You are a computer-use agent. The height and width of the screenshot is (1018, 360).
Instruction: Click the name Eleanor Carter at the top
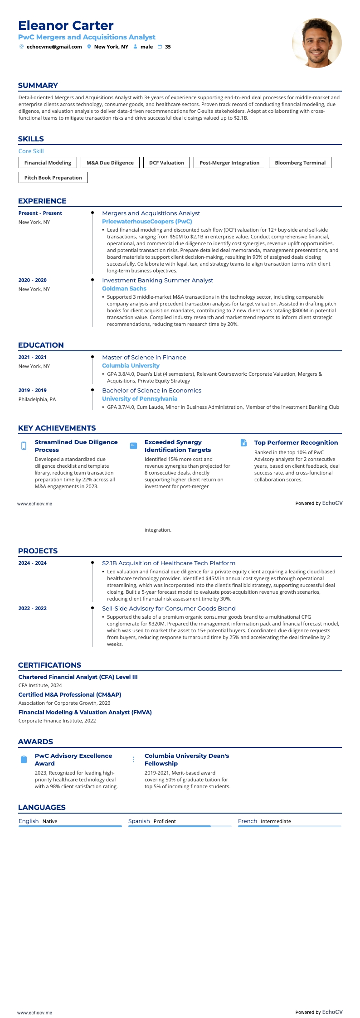66,25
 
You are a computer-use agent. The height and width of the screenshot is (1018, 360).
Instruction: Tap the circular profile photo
316,43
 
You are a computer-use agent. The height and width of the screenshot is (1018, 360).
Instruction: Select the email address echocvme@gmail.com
54,47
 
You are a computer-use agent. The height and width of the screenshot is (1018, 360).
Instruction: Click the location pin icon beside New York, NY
89,47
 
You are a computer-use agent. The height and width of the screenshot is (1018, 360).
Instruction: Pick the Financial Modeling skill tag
48,163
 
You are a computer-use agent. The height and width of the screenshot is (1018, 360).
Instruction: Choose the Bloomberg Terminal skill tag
300,163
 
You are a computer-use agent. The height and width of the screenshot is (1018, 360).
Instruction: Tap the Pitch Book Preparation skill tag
53,178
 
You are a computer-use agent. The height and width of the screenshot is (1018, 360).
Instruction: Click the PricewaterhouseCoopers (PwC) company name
147,222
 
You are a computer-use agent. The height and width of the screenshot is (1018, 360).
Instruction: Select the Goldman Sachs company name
124,289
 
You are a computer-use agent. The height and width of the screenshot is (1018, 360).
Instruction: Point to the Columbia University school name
131,366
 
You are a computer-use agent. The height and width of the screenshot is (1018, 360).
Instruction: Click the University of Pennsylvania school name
140,399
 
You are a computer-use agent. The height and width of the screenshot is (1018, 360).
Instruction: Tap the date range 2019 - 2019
33,390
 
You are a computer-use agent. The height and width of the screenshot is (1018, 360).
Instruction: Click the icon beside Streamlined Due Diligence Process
24,446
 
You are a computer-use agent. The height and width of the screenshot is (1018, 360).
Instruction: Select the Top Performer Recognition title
296,443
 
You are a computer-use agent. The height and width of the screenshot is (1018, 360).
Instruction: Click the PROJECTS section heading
38,551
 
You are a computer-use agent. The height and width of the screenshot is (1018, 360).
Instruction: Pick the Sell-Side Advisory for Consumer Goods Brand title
169,609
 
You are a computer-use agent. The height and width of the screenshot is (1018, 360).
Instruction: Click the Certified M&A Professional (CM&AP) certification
70,695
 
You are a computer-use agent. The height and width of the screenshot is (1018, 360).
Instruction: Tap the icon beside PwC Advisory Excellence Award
24,760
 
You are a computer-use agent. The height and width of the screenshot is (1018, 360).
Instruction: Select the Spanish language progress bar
180,826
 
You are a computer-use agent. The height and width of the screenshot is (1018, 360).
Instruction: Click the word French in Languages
248,821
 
